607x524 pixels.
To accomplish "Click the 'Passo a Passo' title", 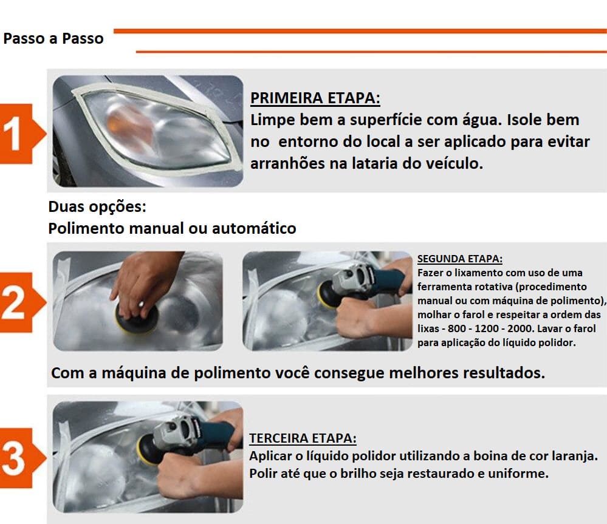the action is click(x=53, y=39).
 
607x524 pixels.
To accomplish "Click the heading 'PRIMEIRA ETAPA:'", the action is click(x=315, y=98).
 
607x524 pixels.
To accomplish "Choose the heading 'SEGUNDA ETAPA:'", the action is click(x=460, y=259).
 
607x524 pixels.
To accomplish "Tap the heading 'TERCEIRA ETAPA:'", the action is click(x=303, y=438).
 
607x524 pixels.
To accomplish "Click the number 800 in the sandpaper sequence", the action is click(x=457, y=328).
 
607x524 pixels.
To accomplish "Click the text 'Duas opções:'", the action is click(x=97, y=207).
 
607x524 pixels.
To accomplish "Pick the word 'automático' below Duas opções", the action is click(x=254, y=228).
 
